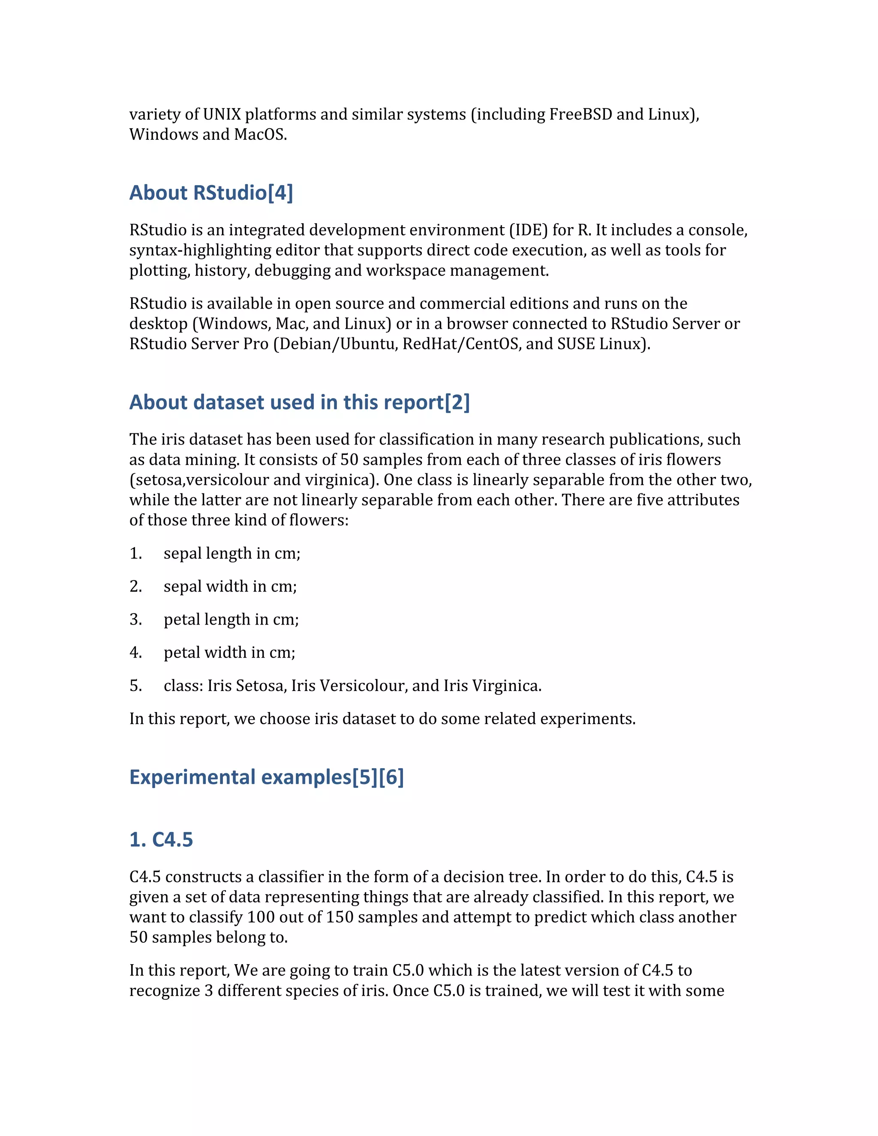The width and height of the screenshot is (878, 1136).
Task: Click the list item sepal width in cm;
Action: pyautogui.click(x=230, y=586)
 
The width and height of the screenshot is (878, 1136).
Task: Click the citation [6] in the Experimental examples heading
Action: pyautogui.click(x=391, y=777)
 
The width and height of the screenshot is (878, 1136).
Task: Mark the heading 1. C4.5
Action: pyautogui.click(x=161, y=839)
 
